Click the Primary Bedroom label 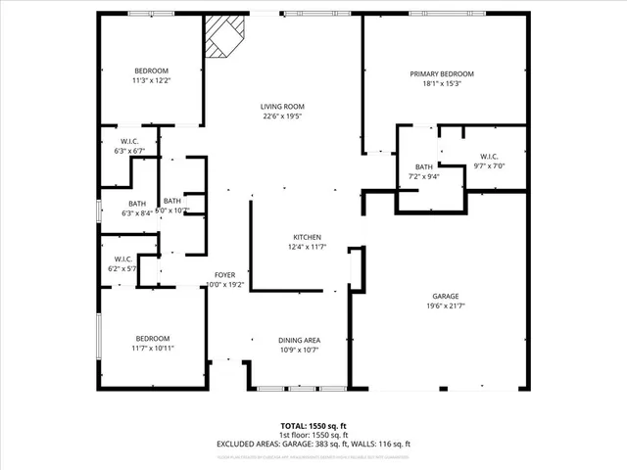[441, 74]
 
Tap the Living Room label [282, 107]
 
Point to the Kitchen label [308, 238]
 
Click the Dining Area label [299, 340]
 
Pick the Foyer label [225, 275]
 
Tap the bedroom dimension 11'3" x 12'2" [151, 81]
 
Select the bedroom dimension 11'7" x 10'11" [152, 348]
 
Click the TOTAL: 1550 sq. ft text [313, 426]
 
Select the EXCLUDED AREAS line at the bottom [313, 444]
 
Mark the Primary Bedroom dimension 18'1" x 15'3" [441, 84]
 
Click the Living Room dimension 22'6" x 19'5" [282, 117]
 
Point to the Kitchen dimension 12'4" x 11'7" [308, 248]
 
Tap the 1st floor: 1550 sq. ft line [313, 435]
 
